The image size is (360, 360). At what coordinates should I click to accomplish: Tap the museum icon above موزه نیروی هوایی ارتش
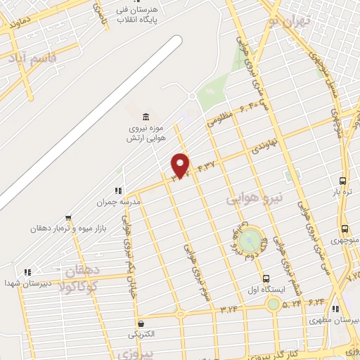pyautogui.click(x=146, y=116)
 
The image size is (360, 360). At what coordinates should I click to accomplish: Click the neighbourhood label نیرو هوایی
pyautogui.click(x=254, y=200)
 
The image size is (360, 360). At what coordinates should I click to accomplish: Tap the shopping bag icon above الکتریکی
pyautogui.click(x=143, y=324)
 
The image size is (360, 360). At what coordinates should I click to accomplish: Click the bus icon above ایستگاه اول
pyautogui.click(x=265, y=278)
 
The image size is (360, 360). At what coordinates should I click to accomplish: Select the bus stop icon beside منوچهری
pyautogui.click(x=345, y=229)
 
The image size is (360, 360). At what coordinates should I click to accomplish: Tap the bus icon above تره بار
pyautogui.click(x=342, y=180)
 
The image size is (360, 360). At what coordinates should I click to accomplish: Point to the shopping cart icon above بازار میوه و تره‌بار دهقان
pyautogui.click(x=68, y=218)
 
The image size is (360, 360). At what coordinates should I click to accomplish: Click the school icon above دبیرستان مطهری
pyautogui.click(x=335, y=309)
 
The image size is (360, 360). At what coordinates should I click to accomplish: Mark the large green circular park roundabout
pyautogui.click(x=248, y=241)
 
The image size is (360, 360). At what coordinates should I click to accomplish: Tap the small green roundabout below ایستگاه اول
pyautogui.click(x=272, y=304)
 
